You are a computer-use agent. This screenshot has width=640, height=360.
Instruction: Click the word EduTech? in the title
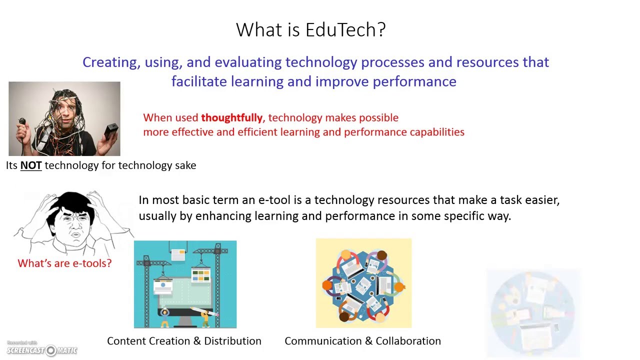coord(345,29)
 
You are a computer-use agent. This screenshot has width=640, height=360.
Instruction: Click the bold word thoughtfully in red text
coord(231,118)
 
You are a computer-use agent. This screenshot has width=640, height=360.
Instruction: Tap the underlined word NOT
coord(31,165)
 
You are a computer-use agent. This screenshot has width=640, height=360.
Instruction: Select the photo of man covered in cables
coord(64,119)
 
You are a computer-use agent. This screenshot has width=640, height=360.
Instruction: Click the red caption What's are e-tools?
coord(64,263)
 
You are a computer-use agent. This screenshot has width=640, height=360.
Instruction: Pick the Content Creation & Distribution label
coord(184,341)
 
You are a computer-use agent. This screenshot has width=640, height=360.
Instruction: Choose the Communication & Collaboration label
coord(362,341)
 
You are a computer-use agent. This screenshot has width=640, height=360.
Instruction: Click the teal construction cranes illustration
coord(185,284)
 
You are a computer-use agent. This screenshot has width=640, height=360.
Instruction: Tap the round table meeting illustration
coord(363,283)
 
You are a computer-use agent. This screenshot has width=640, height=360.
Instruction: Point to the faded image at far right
coord(533,312)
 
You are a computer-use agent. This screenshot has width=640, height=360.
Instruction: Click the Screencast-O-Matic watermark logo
coord(42,350)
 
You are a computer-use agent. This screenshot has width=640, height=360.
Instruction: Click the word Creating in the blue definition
coord(111,62)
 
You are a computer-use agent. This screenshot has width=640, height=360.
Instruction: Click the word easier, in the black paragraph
coord(542,200)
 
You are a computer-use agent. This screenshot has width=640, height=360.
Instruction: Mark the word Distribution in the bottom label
coord(232,341)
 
